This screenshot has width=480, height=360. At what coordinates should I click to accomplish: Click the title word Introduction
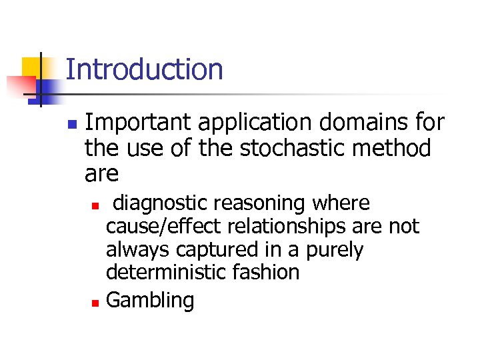click(x=145, y=69)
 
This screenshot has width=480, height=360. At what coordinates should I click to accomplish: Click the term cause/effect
click(x=165, y=227)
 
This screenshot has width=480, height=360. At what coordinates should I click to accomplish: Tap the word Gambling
click(x=150, y=301)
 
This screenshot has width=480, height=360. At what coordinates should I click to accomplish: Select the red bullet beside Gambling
click(x=95, y=303)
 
